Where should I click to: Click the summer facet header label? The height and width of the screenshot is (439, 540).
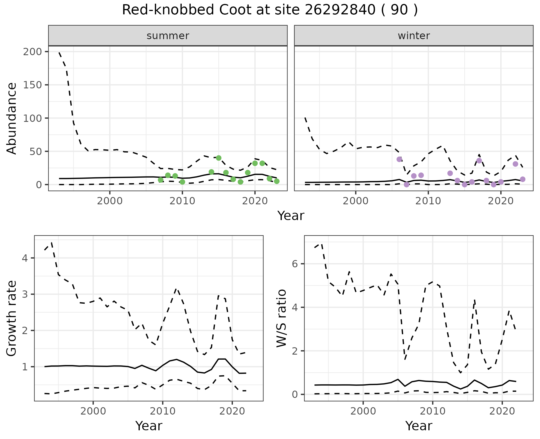[x=168, y=36]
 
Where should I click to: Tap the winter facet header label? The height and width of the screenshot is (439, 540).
[x=414, y=36]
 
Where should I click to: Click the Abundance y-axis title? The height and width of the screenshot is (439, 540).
[x=12, y=118]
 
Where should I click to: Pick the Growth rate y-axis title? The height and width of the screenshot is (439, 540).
[x=12, y=318]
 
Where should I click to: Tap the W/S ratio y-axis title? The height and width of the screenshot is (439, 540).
[x=282, y=318]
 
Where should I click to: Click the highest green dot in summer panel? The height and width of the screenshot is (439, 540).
[x=219, y=158]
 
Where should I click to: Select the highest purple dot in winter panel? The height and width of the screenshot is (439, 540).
[x=399, y=159]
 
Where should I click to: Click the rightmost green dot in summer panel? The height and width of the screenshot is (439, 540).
[x=277, y=181]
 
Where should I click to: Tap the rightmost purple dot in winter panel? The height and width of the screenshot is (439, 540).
[x=523, y=179]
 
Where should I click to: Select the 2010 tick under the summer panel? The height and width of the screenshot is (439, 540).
[x=182, y=201]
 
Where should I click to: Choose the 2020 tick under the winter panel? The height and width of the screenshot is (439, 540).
[x=501, y=201]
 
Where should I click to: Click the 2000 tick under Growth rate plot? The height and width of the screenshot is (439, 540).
[x=93, y=411]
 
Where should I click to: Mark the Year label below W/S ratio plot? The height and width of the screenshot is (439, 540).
[x=418, y=426]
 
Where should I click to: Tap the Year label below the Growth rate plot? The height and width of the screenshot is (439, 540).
[x=148, y=426]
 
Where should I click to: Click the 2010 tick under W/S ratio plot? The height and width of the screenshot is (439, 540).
[x=433, y=411]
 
